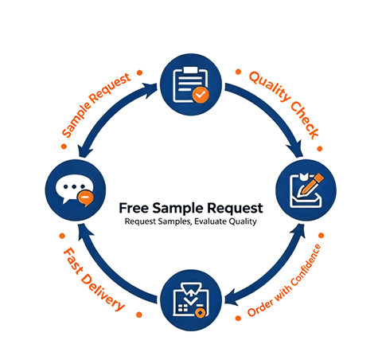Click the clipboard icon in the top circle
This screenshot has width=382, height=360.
point(190,84)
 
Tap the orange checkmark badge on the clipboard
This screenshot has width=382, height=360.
point(201,95)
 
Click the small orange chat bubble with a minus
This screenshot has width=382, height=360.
point(85,198)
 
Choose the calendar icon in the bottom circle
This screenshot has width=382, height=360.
point(190,300)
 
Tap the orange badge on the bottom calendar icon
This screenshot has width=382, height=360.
point(201,312)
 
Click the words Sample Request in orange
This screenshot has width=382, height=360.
point(96,104)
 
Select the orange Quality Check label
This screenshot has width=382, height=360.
point(284,104)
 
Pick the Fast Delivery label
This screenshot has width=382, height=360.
point(94,279)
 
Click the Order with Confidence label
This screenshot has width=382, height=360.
point(284,280)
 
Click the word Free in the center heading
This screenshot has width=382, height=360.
point(134,208)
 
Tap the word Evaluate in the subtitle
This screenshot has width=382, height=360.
point(210,221)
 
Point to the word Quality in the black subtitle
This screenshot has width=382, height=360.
point(243,221)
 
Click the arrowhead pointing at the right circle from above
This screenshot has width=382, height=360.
point(296,149)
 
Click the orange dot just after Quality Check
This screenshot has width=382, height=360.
point(320,149)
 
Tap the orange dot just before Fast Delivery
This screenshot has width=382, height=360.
point(62,236)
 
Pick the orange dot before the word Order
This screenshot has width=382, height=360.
point(238,318)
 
